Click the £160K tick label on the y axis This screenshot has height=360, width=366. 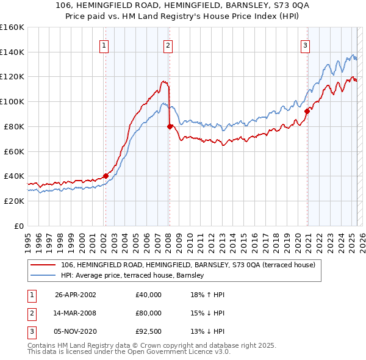12,27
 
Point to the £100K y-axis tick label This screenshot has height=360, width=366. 12,102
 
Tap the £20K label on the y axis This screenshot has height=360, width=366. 13,201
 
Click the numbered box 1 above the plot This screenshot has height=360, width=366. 104,45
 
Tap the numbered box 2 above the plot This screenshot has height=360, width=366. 168,45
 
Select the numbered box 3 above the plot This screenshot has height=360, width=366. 305,45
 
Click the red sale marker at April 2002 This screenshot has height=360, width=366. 106,176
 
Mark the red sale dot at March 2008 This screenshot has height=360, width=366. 169,126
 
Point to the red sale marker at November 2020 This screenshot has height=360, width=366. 307,111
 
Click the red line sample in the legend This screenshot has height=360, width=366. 43,265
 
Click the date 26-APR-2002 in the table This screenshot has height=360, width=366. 76,295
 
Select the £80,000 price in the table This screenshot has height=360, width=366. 149,313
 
